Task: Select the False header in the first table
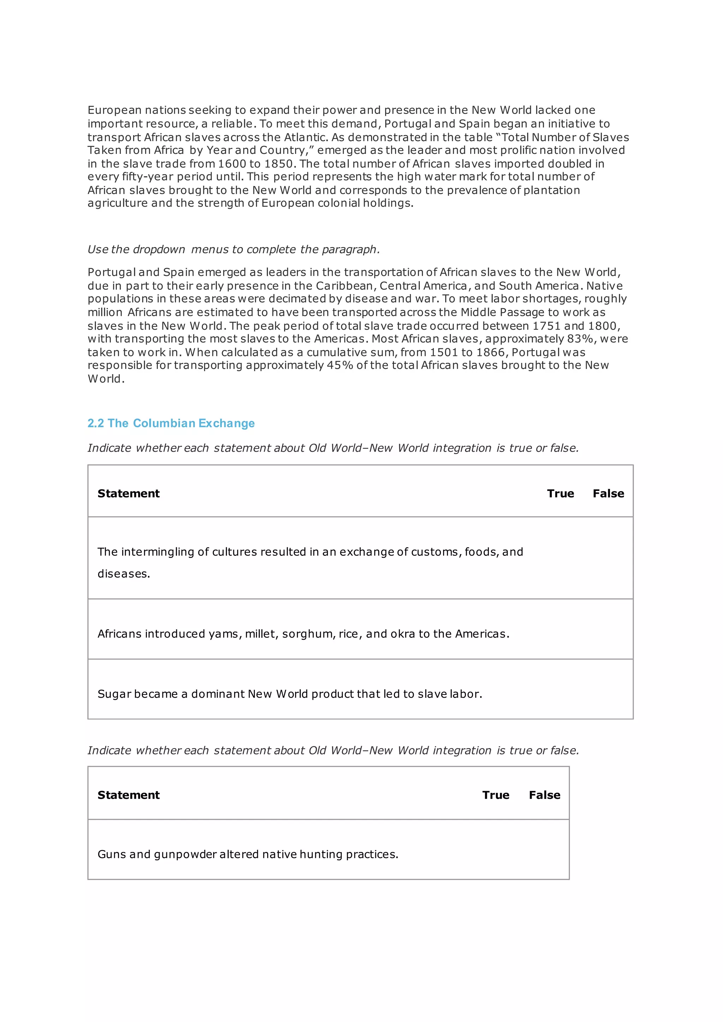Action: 608,493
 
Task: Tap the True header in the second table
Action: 496,795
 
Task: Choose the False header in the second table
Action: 544,795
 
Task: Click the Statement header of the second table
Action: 128,795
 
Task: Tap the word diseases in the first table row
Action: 123,574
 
